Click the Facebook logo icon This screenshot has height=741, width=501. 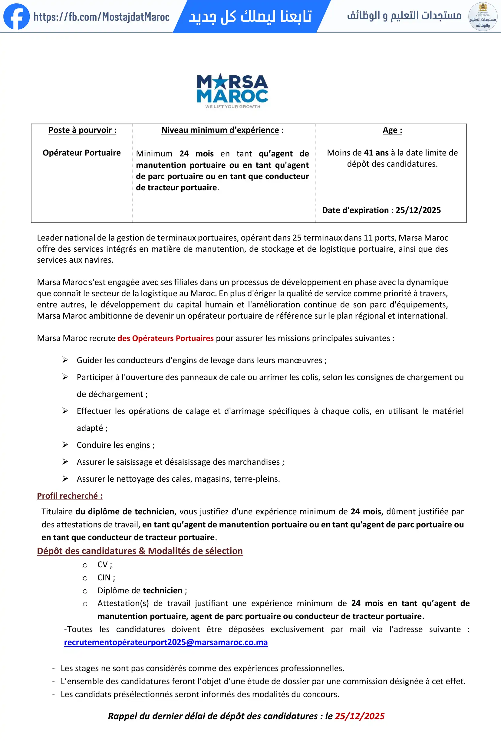click(x=16, y=17)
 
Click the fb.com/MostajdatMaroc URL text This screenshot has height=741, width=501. click(x=101, y=17)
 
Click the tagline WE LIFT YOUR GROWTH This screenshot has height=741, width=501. click(x=232, y=107)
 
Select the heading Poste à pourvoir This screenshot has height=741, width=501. click(x=82, y=130)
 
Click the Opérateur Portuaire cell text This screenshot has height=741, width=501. click(x=82, y=153)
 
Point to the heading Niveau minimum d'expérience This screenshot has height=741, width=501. click(x=220, y=130)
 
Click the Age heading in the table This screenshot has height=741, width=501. click(x=392, y=130)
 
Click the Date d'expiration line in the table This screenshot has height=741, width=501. click(x=381, y=210)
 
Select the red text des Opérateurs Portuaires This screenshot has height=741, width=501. click(x=165, y=338)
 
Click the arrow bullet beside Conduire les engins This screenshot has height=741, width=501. click(x=65, y=444)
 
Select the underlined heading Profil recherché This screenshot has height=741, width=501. click(x=70, y=496)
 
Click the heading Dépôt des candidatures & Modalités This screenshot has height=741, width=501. click(x=140, y=551)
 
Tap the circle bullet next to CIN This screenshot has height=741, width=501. click(x=85, y=578)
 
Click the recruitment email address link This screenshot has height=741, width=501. click(x=166, y=642)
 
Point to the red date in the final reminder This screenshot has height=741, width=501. click(x=359, y=716)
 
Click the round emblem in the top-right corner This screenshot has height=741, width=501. click(x=483, y=17)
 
